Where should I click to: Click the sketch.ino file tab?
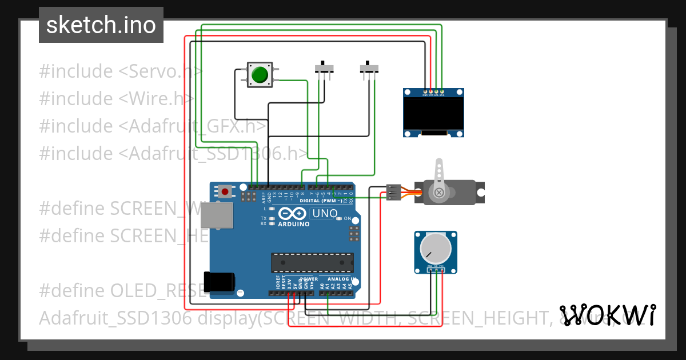pyautogui.click(x=101, y=25)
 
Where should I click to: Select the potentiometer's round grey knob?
pyautogui.click(x=435, y=249)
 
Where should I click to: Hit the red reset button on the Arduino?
pyautogui.click(x=225, y=192)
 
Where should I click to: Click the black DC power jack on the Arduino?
pyautogui.click(x=220, y=281)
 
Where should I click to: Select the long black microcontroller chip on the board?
pyautogui.click(x=312, y=262)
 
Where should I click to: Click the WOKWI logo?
pyautogui.click(x=607, y=315)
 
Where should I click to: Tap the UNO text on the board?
pyautogui.click(x=324, y=214)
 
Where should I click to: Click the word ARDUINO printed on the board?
pyautogui.click(x=293, y=224)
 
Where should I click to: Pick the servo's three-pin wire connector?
pyautogui.click(x=393, y=193)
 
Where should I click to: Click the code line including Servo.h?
pyautogui.click(x=121, y=71)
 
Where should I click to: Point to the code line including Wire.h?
pyautogui.click(x=117, y=99)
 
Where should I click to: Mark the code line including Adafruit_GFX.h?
pyautogui.click(x=152, y=126)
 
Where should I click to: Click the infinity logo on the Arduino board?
pyautogui.click(x=293, y=214)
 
